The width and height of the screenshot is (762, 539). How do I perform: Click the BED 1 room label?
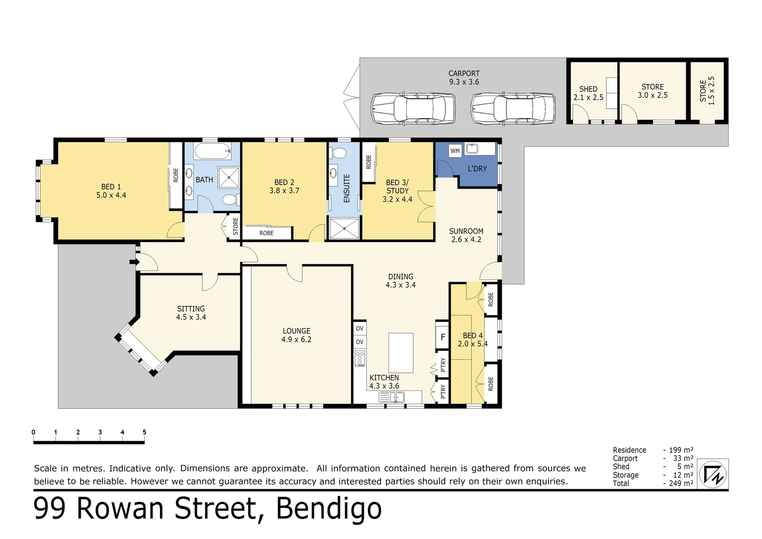point(111,191)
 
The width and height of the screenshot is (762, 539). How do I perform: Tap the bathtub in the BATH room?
point(212,151)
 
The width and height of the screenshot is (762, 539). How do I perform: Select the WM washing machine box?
point(455,151)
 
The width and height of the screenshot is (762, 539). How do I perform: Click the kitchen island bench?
point(400,353)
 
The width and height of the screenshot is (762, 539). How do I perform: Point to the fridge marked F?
point(442,337)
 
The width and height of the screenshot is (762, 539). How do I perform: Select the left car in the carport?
point(413,109)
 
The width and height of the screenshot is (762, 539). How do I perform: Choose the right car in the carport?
point(513,109)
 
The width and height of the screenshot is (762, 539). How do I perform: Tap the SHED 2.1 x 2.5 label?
point(588,93)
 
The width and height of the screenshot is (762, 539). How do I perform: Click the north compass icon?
point(713,474)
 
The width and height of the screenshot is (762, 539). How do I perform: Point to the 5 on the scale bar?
point(144,432)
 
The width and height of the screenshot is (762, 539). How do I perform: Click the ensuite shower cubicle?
point(344,229)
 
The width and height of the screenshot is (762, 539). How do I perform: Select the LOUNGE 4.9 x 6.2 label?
point(296,335)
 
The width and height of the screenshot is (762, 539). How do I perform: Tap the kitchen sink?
point(391,397)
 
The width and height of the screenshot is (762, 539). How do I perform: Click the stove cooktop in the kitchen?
point(360,358)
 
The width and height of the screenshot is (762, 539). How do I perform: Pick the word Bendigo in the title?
point(329,509)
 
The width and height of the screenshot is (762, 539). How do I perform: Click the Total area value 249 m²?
point(681,483)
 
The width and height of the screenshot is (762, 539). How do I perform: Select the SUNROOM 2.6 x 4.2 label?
point(466,235)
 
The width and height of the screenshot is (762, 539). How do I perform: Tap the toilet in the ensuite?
point(339,153)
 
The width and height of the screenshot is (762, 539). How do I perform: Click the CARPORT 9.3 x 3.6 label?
point(464,77)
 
